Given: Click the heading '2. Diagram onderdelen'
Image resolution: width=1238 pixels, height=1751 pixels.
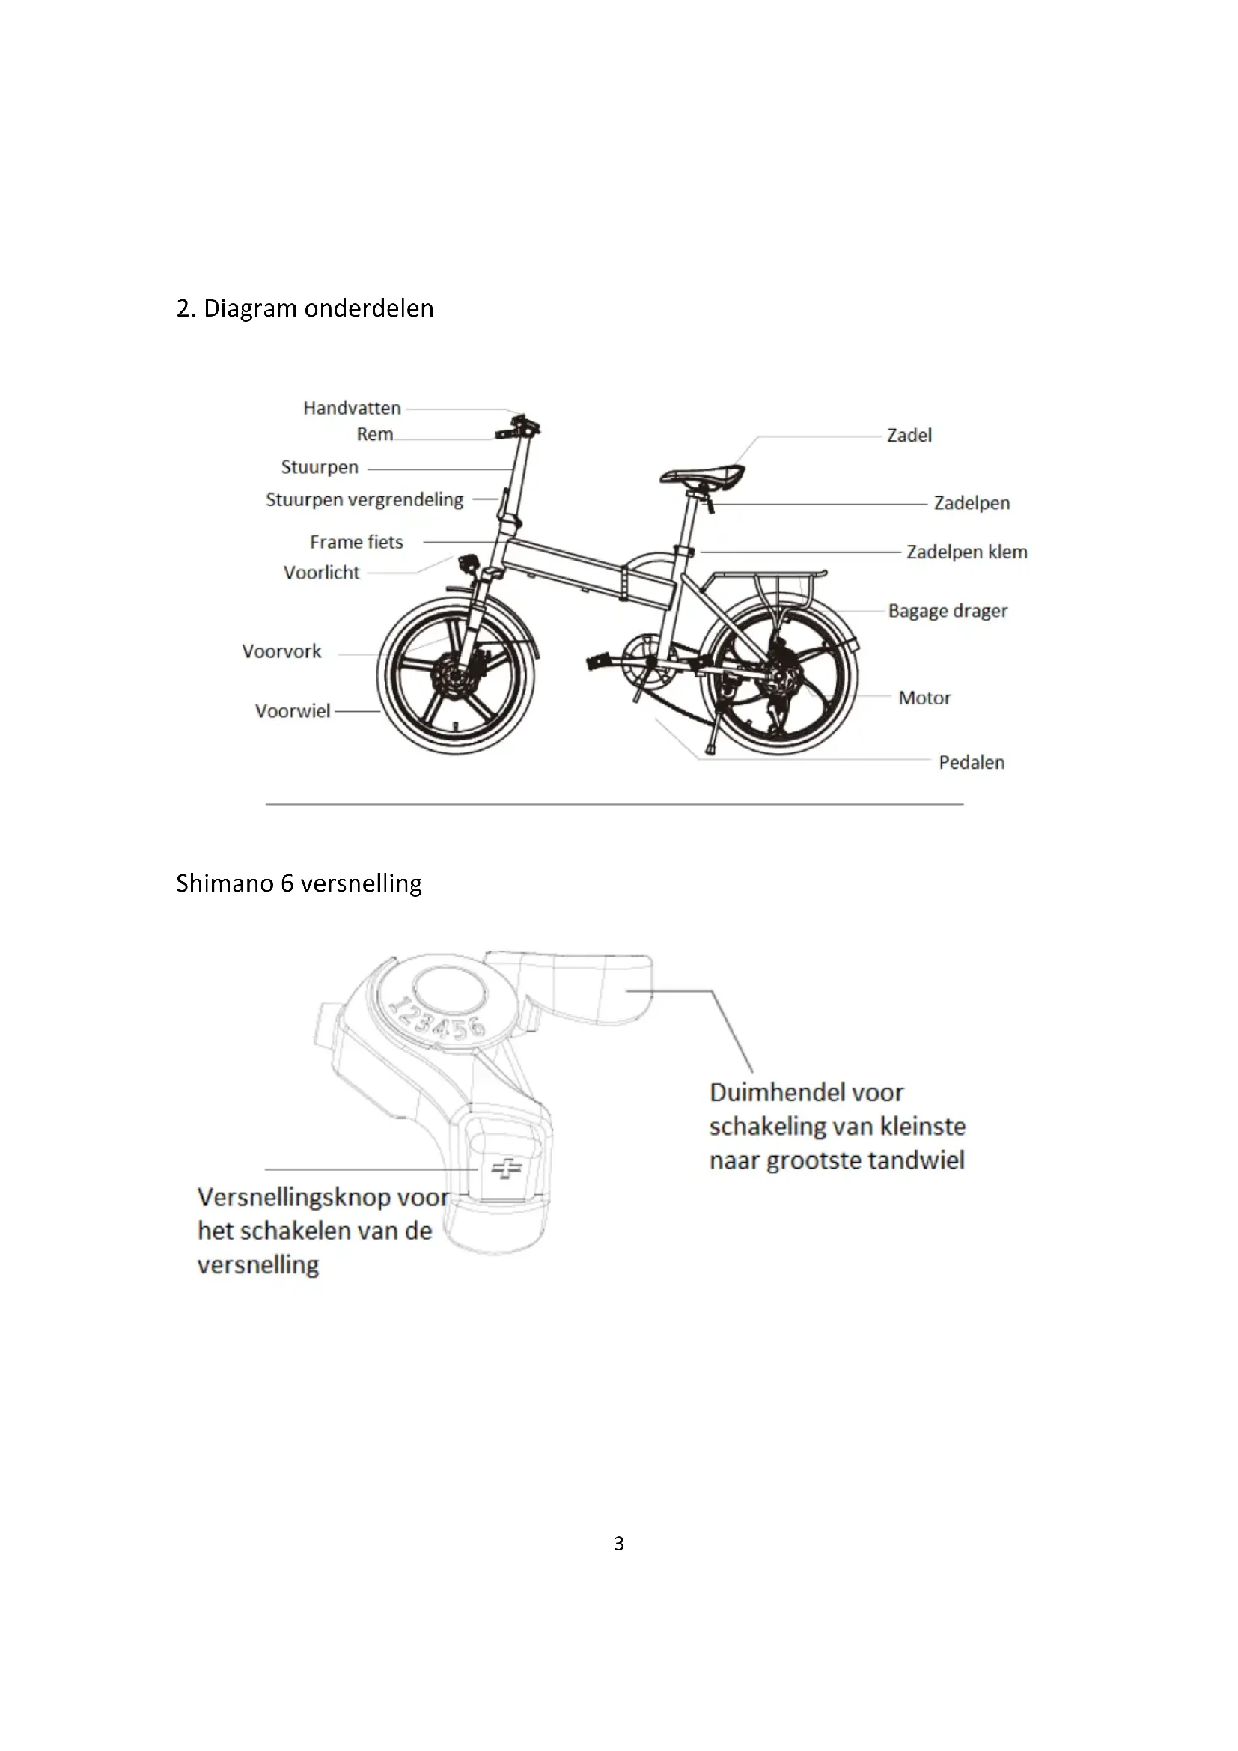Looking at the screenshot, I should click(305, 308).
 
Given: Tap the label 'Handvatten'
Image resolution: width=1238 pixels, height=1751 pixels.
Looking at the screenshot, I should click(352, 408).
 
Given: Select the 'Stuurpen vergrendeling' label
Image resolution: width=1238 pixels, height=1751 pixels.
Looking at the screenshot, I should click(365, 499).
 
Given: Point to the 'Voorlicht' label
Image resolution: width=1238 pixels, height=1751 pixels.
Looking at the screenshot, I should click(321, 573).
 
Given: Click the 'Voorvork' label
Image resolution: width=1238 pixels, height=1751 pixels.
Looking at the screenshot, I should click(281, 651).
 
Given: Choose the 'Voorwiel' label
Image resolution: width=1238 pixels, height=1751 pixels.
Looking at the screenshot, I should click(293, 710).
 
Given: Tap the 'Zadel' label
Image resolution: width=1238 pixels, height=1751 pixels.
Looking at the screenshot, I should click(909, 436).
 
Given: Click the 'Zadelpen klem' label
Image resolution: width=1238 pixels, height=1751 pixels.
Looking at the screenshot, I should click(966, 552).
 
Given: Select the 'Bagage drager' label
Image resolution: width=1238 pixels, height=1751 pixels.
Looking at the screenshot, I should click(948, 611).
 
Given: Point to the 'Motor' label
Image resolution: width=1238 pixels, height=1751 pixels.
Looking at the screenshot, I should click(924, 698).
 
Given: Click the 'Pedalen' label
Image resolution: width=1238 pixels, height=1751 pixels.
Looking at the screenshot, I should click(972, 763).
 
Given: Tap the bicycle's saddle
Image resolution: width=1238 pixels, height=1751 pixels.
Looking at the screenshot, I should click(702, 476).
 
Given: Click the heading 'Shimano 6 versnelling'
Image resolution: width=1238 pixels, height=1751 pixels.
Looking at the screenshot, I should click(299, 883).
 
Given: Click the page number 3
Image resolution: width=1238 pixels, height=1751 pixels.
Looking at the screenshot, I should click(619, 1544).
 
